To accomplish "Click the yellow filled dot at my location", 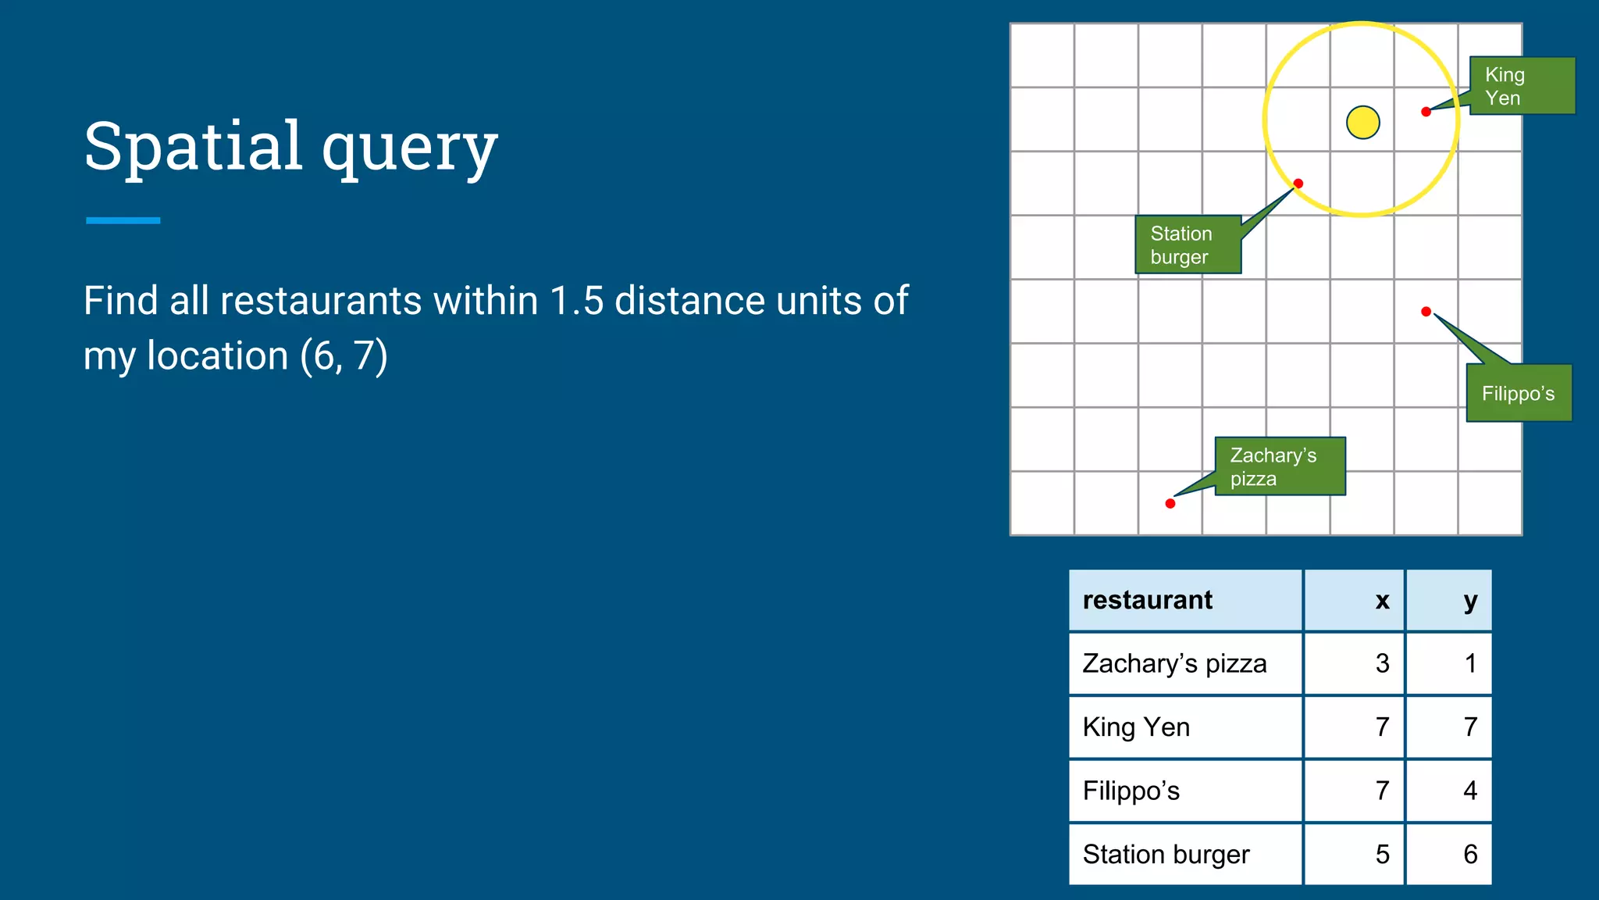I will [1363, 123].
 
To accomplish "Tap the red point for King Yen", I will [1426, 112].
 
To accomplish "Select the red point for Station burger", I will [1298, 184].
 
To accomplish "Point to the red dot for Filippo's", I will [1426, 312].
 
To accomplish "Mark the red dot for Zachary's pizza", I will [1170, 503].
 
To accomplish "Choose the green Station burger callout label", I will [1187, 245].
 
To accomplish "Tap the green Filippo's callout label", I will [1519, 393].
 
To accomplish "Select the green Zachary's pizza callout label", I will [1280, 466].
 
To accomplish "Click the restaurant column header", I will [1147, 600].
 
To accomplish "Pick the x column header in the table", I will [1382, 600].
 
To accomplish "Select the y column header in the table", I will [1470, 600].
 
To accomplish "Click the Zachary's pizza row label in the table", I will [1174, 663].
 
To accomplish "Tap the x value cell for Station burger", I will [1382, 854].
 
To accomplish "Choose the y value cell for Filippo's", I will [1470, 790].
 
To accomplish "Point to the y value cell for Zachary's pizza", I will [1470, 663].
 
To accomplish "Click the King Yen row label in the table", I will [1136, 727].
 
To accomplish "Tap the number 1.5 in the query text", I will [576, 301].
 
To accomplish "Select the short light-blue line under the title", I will [123, 220].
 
